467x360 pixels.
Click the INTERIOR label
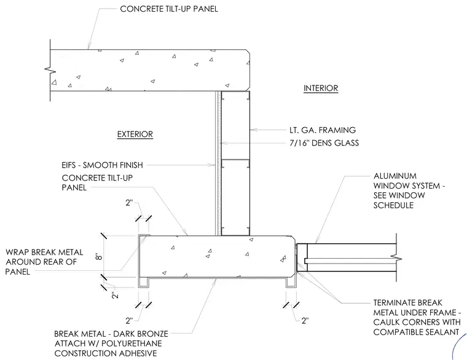321,88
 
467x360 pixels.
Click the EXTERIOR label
135,135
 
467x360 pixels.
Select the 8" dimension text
99,257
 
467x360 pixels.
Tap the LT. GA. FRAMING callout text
323,130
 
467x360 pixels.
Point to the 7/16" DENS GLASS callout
324,143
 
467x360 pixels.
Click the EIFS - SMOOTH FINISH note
102,165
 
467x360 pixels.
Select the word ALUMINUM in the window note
395,176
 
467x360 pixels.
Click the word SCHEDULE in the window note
393,205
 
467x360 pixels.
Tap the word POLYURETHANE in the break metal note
131,343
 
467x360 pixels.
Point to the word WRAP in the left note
17,252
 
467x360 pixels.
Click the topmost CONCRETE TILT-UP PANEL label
169,9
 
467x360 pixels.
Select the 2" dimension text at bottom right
305,321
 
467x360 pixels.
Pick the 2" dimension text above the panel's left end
129,203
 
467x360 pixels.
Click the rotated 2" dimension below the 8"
115,295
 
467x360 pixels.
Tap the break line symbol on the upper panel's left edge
50,70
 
